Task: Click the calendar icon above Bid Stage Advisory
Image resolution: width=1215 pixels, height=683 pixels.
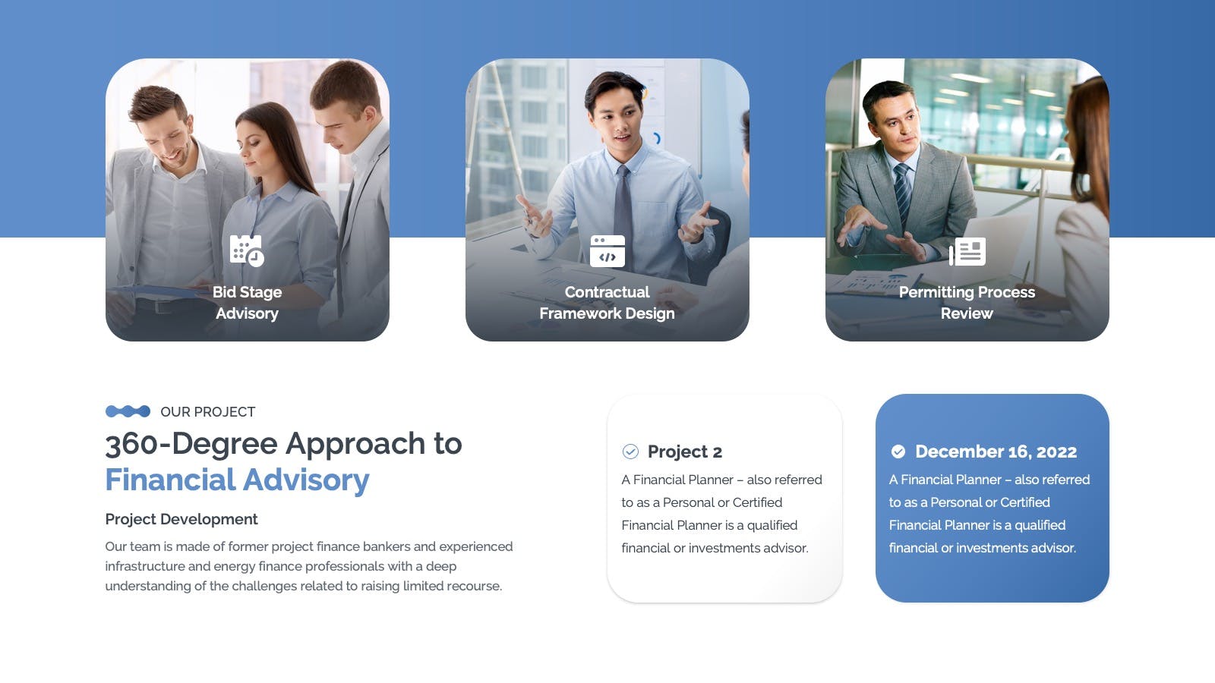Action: coord(247,250)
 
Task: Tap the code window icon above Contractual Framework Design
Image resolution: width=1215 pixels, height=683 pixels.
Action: coord(607,251)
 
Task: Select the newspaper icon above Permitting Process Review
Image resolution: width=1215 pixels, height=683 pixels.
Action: coord(967,251)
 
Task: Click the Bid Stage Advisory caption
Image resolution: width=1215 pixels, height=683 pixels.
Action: coord(247,303)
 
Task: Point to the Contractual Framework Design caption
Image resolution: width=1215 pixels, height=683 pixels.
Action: coord(607,303)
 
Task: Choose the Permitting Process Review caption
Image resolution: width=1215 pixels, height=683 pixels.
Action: coord(967,303)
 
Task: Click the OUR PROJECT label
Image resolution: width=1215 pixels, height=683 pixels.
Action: coord(208,412)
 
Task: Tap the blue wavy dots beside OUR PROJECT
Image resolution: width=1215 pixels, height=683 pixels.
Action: coord(128,411)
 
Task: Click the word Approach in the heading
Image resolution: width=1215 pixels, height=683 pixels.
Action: coord(355,445)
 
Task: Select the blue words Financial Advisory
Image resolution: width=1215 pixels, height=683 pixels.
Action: coord(237,480)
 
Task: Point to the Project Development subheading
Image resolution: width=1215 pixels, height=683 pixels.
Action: coord(181,519)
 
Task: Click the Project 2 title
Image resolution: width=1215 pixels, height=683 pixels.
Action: coord(684,452)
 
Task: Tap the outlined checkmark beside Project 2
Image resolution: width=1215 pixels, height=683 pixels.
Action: coord(630,452)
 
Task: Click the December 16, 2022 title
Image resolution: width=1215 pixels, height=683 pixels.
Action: coord(996,452)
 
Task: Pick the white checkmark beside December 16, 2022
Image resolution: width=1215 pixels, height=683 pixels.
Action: coord(898,452)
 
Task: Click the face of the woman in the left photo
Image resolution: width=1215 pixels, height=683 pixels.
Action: coord(259,146)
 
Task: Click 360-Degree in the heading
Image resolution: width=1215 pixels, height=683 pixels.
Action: coord(191,445)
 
